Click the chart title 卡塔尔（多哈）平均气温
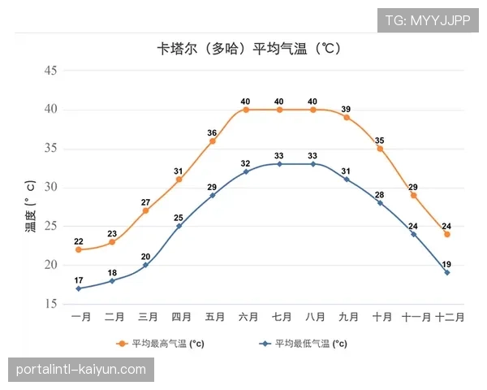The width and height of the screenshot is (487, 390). (x=248, y=48)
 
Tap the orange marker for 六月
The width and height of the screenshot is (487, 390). (x=245, y=110)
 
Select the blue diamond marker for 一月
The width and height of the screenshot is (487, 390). (x=79, y=288)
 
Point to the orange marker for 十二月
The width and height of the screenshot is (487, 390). (x=447, y=234)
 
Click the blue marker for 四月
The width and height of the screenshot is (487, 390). (x=179, y=226)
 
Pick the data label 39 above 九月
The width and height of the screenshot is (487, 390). (x=346, y=109)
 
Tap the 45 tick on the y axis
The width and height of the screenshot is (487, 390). (x=50, y=71)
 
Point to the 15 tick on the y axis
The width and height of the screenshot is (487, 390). (x=50, y=304)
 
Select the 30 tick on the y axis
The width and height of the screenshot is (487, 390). (x=50, y=188)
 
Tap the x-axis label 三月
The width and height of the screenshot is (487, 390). (x=147, y=317)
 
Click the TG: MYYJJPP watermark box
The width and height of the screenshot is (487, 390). (x=427, y=20)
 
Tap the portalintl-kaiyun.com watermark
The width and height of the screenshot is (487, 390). (x=80, y=370)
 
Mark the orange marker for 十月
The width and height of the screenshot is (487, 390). (x=380, y=149)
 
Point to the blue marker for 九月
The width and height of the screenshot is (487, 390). (x=346, y=180)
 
